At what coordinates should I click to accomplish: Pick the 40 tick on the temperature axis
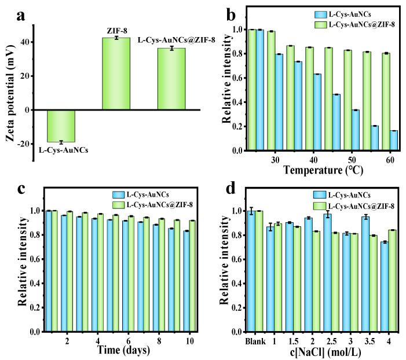pyautogui.click(x=314, y=159)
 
